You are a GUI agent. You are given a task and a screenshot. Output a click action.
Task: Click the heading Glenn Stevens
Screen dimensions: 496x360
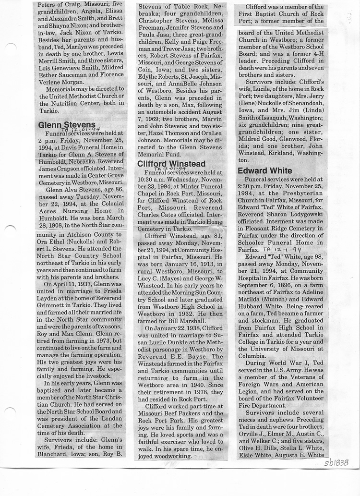point(66,125)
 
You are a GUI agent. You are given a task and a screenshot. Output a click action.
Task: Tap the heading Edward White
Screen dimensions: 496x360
point(264,171)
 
